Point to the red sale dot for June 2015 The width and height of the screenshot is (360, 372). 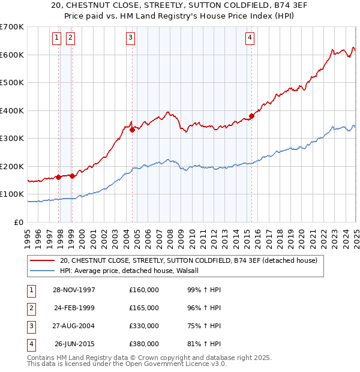[x=251, y=116]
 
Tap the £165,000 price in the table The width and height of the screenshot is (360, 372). [x=144, y=308]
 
